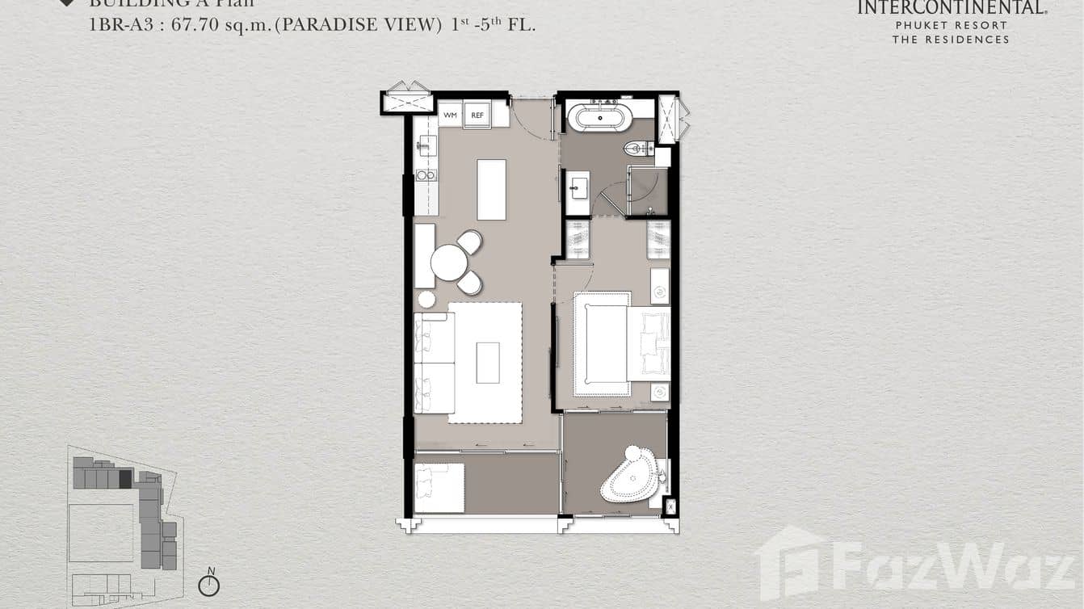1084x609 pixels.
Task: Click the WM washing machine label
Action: [x=450, y=115]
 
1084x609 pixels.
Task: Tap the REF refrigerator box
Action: [x=477, y=115]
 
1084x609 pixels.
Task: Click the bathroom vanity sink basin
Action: [x=577, y=191]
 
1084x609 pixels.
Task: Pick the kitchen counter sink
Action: [x=426, y=145]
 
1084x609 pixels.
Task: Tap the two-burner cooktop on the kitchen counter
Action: [x=426, y=174]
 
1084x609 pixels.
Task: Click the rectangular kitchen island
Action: [x=491, y=190]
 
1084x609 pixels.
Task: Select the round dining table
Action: [x=449, y=262]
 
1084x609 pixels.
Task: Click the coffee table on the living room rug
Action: [x=487, y=363]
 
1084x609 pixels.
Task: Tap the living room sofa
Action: [x=434, y=363]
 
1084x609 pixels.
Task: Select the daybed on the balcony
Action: [x=439, y=488]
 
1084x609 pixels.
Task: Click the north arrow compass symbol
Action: [x=209, y=584]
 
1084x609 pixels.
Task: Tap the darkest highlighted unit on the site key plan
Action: [x=125, y=479]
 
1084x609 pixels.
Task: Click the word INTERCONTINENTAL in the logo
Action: [x=952, y=8]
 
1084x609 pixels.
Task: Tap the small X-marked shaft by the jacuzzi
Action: [x=670, y=507]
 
